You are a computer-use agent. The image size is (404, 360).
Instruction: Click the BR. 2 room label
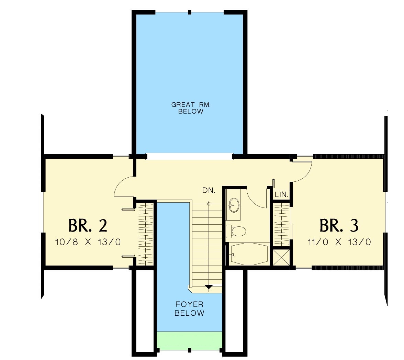88,225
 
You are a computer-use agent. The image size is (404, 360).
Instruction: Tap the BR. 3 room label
339,225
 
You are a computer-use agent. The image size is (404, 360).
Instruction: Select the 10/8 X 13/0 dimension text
88,242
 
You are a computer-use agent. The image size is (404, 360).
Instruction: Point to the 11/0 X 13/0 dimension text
339,242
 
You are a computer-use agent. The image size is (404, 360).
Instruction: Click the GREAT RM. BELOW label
191,108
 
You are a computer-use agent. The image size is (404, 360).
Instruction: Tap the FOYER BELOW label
189,309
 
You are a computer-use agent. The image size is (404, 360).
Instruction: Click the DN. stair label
209,190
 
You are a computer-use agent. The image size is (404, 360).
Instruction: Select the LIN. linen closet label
281,194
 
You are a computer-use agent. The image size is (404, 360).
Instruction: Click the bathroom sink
234,205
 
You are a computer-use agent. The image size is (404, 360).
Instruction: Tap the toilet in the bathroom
236,231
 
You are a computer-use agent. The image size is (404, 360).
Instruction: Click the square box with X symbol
281,257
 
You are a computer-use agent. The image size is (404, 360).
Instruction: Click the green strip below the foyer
189,341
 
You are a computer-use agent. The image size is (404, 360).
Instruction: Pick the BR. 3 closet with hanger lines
281,225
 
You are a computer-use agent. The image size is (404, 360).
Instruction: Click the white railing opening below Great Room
189,156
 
